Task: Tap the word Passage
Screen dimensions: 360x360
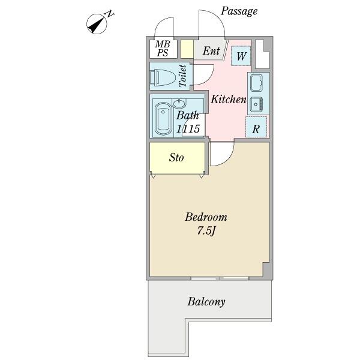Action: (x=239, y=11)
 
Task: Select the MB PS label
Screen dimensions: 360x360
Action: (x=163, y=49)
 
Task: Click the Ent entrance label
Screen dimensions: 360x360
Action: (x=211, y=51)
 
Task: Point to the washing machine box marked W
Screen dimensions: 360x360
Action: (x=241, y=56)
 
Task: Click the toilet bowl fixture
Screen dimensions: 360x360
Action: (x=162, y=77)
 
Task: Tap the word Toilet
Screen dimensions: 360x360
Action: (x=183, y=76)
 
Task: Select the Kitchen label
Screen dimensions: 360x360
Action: (x=229, y=99)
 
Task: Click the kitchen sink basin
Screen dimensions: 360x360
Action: (x=256, y=83)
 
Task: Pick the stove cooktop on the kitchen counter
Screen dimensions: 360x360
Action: (x=256, y=104)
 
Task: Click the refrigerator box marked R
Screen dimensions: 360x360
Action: (x=256, y=127)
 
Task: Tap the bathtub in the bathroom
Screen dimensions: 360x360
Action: (x=163, y=118)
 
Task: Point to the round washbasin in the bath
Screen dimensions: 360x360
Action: (x=179, y=104)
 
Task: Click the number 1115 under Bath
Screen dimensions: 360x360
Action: (x=188, y=129)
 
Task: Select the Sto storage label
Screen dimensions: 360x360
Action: (x=176, y=158)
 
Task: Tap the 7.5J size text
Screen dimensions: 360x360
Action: (x=206, y=231)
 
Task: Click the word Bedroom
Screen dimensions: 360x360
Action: (x=206, y=217)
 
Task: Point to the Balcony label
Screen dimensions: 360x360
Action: (x=206, y=302)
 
